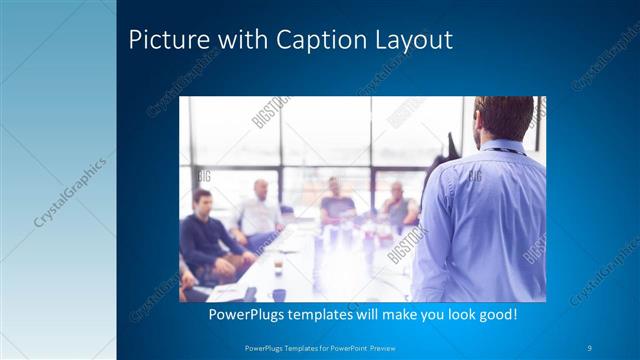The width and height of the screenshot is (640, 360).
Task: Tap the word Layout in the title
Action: [x=414, y=41]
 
